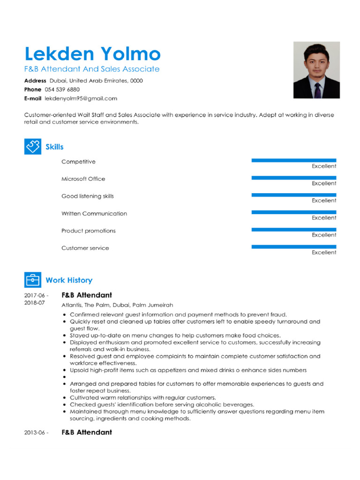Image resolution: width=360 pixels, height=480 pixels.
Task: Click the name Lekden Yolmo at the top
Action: [x=92, y=54]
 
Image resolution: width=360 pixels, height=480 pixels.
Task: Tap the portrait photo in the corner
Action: [x=316, y=70]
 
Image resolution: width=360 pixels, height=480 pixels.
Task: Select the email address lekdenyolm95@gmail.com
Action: [x=81, y=98]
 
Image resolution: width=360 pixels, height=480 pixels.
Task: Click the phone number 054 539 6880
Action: [x=62, y=89]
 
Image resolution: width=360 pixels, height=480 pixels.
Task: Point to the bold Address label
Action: [x=35, y=81]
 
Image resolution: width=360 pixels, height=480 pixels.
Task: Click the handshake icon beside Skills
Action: [x=32, y=146]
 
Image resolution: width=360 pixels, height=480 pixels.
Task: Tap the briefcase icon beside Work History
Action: [x=32, y=280]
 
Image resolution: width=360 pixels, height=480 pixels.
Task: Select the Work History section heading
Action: [x=69, y=280]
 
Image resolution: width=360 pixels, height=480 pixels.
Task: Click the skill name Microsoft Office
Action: [x=83, y=179]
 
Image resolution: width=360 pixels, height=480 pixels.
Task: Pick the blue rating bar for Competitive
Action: [x=293, y=160]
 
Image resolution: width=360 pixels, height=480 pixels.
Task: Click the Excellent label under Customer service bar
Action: [x=324, y=252]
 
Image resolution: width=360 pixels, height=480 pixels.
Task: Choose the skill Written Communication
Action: [x=94, y=213]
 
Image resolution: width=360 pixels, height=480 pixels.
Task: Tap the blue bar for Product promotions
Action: [x=293, y=229]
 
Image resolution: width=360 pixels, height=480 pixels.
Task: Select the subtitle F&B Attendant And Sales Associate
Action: [x=92, y=69]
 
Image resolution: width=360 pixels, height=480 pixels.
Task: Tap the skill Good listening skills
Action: [x=88, y=196]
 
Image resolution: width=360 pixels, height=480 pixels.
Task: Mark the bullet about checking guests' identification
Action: [x=162, y=404]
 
